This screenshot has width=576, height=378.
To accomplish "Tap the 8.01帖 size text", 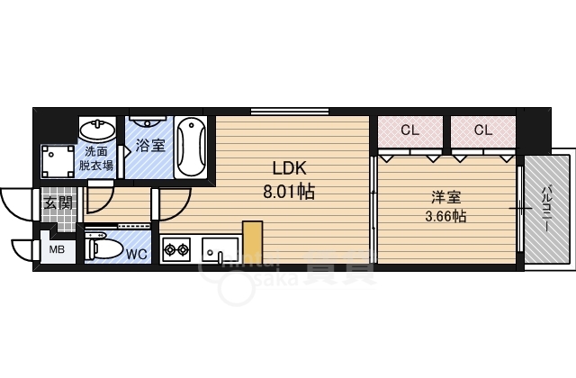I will [289, 191].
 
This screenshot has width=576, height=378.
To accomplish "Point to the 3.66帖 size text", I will [445, 216].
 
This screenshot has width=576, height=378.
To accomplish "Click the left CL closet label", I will [409, 130].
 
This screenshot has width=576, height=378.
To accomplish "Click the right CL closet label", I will [483, 130].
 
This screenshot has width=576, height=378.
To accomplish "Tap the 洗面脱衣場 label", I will [95, 158].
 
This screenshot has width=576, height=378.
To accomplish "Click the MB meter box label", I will [56, 250].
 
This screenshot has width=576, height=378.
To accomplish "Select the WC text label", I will [136, 254].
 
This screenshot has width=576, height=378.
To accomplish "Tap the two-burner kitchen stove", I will [176, 248].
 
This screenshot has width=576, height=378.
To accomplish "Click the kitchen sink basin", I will [220, 248].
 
